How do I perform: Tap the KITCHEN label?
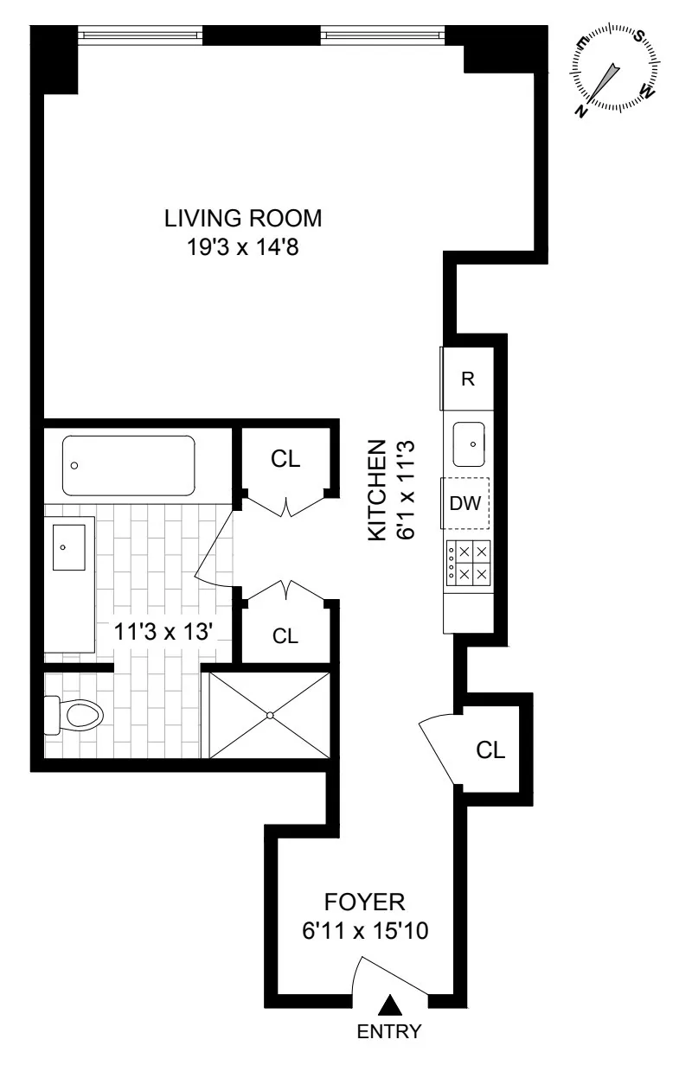[376, 491]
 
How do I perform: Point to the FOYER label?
[364, 902]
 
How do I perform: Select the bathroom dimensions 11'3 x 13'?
[164, 632]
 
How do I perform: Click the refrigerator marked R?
[468, 379]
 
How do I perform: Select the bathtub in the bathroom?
[129, 465]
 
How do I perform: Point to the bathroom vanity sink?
[69, 547]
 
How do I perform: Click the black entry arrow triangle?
[391, 1004]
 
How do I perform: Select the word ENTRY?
[391, 1031]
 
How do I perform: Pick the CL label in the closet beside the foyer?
[490, 750]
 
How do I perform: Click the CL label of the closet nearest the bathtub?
[285, 460]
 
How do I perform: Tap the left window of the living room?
[140, 35]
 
